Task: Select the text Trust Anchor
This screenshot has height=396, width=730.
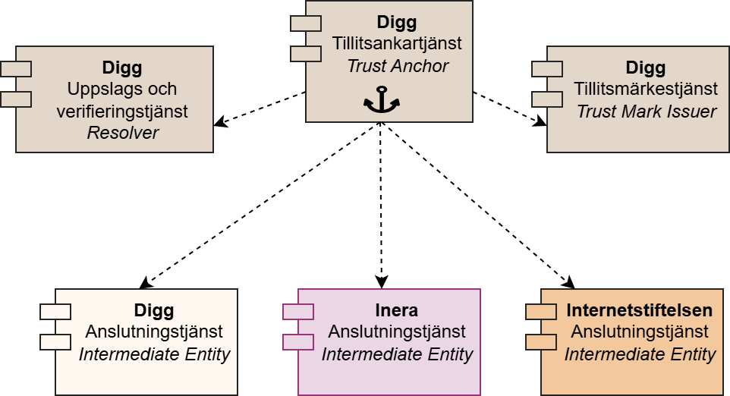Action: tap(397, 65)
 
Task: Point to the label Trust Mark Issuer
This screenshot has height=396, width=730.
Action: tap(646, 111)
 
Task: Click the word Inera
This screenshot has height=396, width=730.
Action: tap(396, 311)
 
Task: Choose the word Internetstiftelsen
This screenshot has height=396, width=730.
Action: tap(639, 311)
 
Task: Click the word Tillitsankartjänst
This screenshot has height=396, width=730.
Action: tap(397, 45)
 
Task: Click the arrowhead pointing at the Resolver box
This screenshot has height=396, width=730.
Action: tap(220, 122)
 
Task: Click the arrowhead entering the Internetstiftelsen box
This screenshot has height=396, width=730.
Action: tap(568, 283)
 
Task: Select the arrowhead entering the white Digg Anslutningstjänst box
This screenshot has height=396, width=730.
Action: tap(146, 283)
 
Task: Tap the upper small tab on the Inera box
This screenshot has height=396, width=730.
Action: tap(298, 311)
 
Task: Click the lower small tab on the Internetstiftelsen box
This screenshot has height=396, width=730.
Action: tap(541, 341)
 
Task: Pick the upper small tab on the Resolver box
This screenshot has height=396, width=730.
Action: tap(16, 69)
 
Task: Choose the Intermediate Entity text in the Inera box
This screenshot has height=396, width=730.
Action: tap(396, 354)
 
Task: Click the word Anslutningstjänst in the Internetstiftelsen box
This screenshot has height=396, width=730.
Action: tap(639, 332)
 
